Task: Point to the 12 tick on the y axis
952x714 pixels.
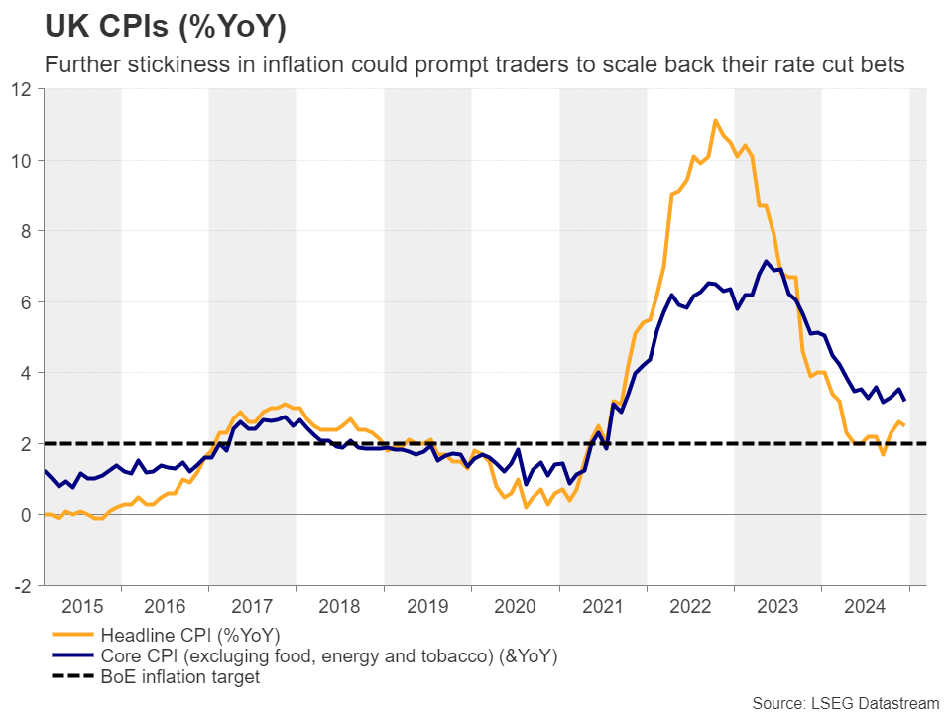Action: (x=24, y=89)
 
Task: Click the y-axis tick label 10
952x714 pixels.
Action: (x=24, y=160)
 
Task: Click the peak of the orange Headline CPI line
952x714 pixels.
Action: (x=714, y=120)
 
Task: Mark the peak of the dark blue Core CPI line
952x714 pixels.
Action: (x=766, y=262)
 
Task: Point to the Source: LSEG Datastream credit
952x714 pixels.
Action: (x=845, y=703)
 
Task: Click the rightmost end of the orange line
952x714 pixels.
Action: (x=904, y=425)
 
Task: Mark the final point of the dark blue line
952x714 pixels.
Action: (x=904, y=400)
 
